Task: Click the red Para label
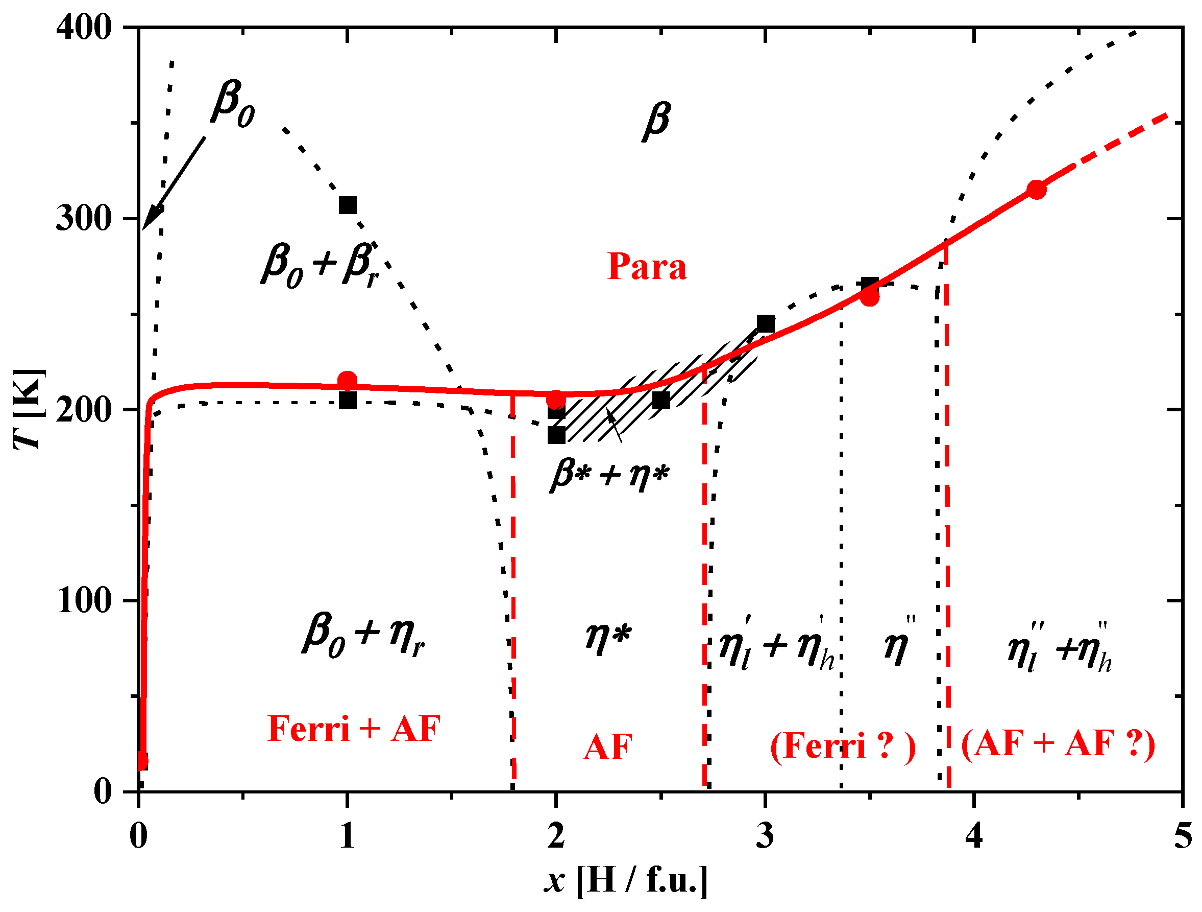point(647,267)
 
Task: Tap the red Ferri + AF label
point(354,729)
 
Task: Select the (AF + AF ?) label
point(1058,744)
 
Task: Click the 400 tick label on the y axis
point(84,27)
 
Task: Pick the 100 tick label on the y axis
point(84,601)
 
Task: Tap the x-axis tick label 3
point(765,836)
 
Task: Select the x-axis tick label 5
point(1183,836)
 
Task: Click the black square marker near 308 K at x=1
point(348,205)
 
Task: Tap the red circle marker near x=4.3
point(1037,189)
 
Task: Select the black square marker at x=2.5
point(661,400)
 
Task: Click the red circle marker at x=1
point(347,380)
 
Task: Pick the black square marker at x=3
point(766,323)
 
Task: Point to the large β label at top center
point(656,121)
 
